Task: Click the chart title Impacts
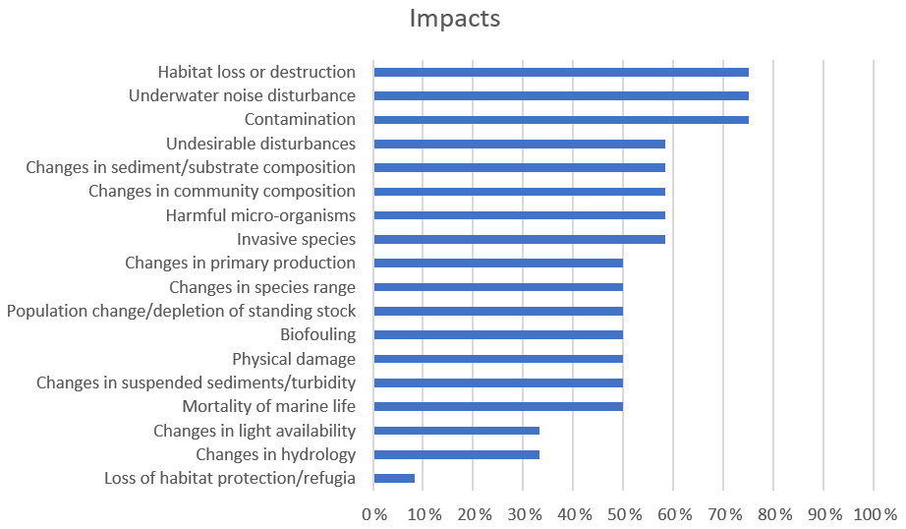(455, 19)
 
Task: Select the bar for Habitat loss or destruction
(561, 72)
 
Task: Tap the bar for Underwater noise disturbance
(561, 95)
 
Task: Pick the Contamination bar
(561, 120)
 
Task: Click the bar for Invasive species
(520, 239)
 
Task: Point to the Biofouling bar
(498, 334)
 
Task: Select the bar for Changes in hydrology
(457, 454)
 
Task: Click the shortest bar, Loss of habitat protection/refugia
(394, 478)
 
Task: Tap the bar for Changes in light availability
(457, 431)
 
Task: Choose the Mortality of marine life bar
(498, 406)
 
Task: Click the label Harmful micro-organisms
(260, 215)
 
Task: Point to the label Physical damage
(294, 359)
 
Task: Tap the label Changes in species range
(262, 287)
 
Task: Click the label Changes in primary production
(240, 263)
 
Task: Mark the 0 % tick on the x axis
(373, 514)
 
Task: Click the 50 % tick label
(622, 514)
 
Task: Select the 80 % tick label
(772, 514)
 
